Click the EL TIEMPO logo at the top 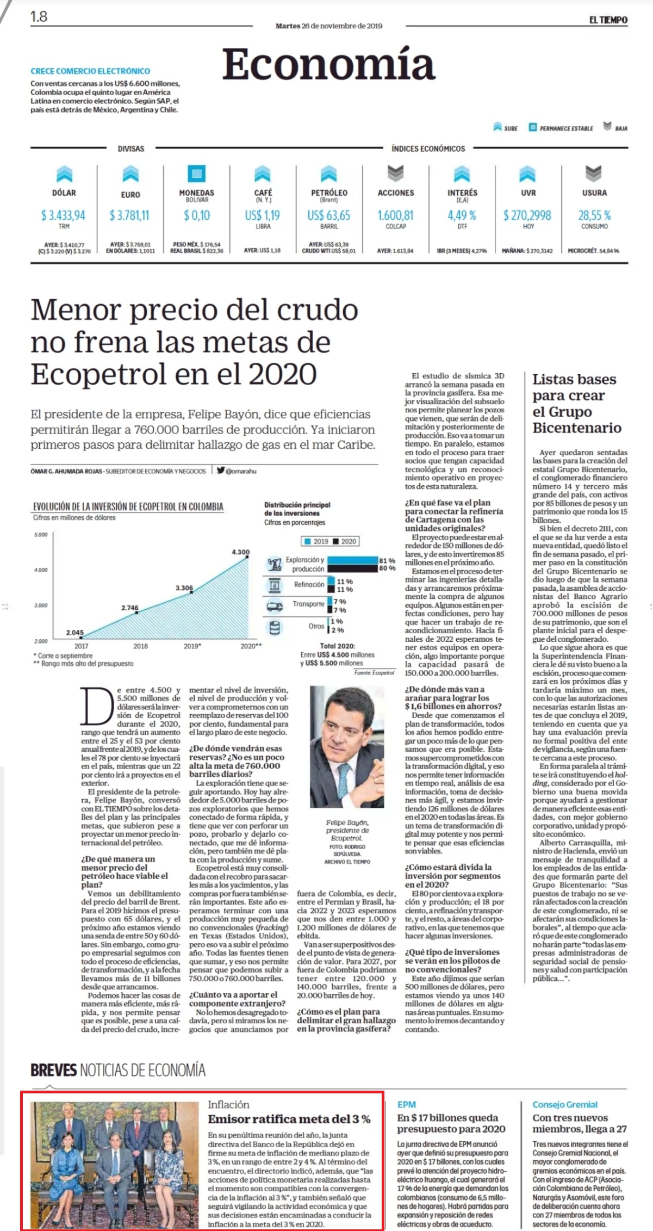pyautogui.click(x=608, y=20)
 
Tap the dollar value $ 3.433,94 pyautogui.click(x=63, y=215)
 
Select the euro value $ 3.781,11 pyautogui.click(x=129, y=215)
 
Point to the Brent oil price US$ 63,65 pyautogui.click(x=329, y=215)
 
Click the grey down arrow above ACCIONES pyautogui.click(x=395, y=174)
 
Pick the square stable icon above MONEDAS pyautogui.click(x=196, y=174)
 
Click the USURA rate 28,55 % pyautogui.click(x=594, y=215)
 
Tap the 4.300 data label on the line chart pyautogui.click(x=241, y=552)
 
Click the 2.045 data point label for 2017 pyautogui.click(x=75, y=632)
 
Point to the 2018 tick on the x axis pyautogui.click(x=140, y=646)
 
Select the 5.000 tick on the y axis pyautogui.click(x=41, y=535)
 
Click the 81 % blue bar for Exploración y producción pyautogui.click(x=353, y=560)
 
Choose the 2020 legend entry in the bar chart pyautogui.click(x=345, y=541)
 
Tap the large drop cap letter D pyautogui.click(x=97, y=706)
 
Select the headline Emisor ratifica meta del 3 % pyautogui.click(x=289, y=1119)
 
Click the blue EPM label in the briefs pyautogui.click(x=406, y=1105)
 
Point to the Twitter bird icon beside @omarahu pyautogui.click(x=220, y=471)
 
